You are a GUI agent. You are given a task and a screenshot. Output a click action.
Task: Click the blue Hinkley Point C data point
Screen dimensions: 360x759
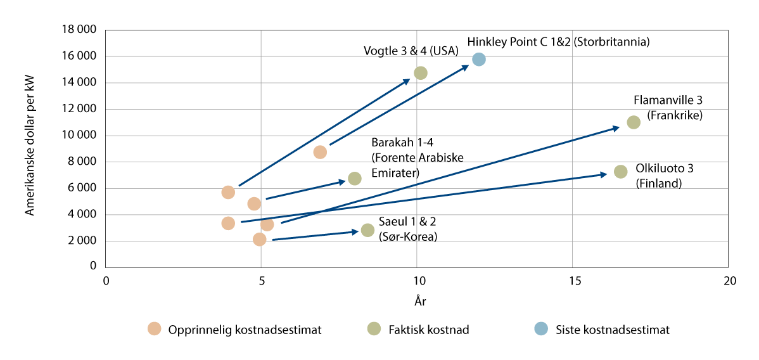pyautogui.click(x=479, y=59)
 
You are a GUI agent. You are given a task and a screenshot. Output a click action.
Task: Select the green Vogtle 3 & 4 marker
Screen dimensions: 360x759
pyautogui.click(x=421, y=73)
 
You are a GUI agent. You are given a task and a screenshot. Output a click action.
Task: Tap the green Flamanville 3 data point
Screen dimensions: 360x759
pyautogui.click(x=634, y=122)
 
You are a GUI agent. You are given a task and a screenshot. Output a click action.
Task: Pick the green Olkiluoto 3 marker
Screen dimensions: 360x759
pyautogui.click(x=621, y=172)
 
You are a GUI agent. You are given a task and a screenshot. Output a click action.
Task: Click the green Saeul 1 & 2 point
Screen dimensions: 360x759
pyautogui.click(x=367, y=230)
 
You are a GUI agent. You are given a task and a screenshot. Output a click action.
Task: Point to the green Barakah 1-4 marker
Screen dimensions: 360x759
pyautogui.click(x=355, y=179)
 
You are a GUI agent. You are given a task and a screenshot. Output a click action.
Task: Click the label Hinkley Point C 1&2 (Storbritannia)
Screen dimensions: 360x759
pyautogui.click(x=559, y=42)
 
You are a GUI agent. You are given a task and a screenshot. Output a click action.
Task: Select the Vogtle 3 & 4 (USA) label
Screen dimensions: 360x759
pyautogui.click(x=411, y=51)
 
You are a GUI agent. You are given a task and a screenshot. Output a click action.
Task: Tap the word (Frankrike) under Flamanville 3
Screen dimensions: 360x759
pyautogui.click(x=675, y=116)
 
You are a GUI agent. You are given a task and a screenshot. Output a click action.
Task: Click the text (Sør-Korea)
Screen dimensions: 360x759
pyautogui.click(x=408, y=236)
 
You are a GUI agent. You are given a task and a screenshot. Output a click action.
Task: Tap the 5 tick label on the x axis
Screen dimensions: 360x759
pyautogui.click(x=261, y=281)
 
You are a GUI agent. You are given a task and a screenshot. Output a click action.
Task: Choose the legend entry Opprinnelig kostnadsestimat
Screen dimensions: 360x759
pyautogui.click(x=245, y=330)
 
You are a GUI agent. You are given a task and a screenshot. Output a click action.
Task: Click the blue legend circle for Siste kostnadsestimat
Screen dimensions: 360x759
pyautogui.click(x=541, y=329)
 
